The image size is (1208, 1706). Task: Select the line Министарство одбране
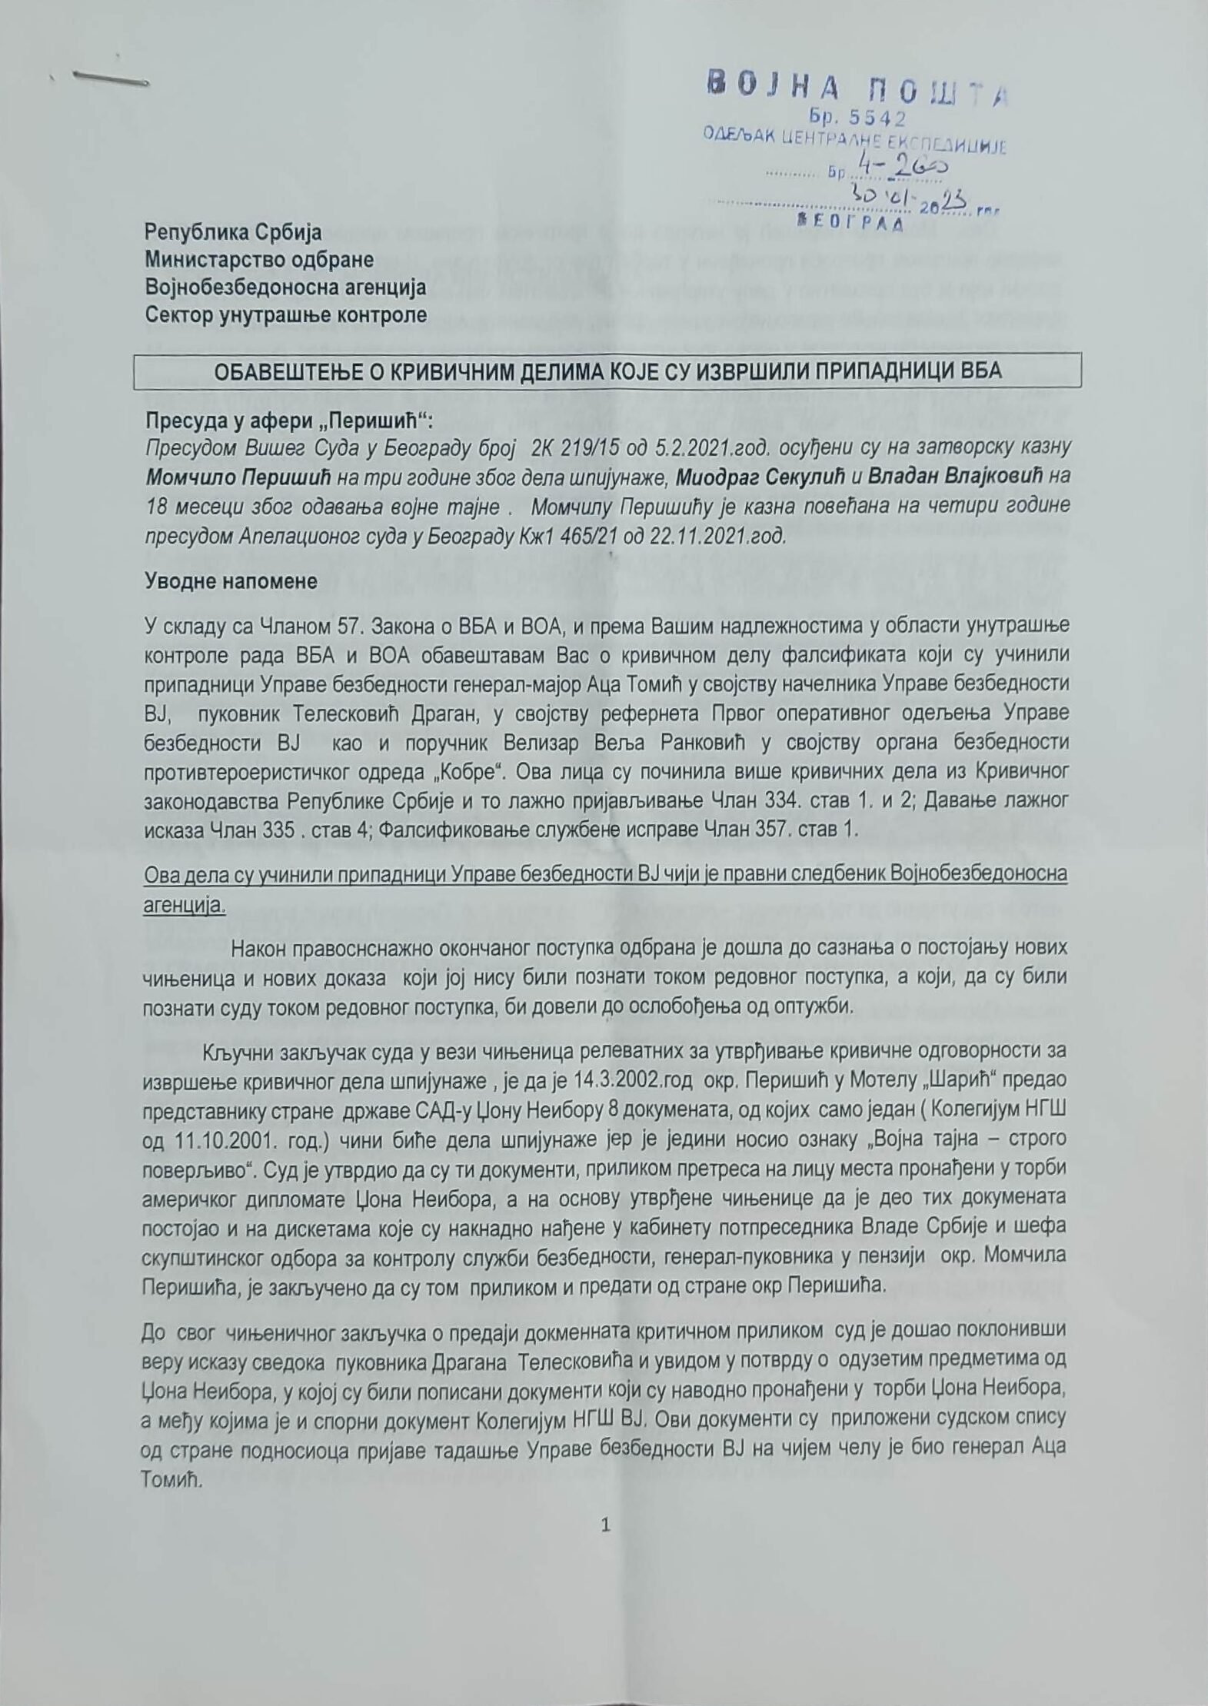pyautogui.click(x=260, y=259)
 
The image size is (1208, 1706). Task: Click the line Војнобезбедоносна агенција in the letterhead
pyautogui.click(x=285, y=287)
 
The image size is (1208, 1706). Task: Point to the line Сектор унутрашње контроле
pyautogui.click(x=286, y=315)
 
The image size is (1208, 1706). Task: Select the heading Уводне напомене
pyautogui.click(x=231, y=581)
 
